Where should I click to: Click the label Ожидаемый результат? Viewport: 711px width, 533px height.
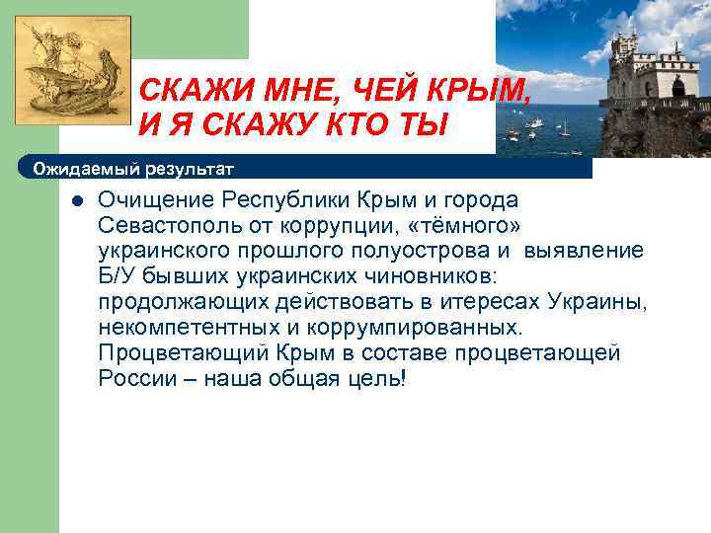(x=133, y=169)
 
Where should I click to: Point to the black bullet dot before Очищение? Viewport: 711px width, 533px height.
(x=75, y=201)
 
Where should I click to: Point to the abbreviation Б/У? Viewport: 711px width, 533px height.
(x=118, y=276)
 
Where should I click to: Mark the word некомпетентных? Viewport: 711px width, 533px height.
(x=186, y=327)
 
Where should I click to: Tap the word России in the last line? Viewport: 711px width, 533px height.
(x=135, y=378)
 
